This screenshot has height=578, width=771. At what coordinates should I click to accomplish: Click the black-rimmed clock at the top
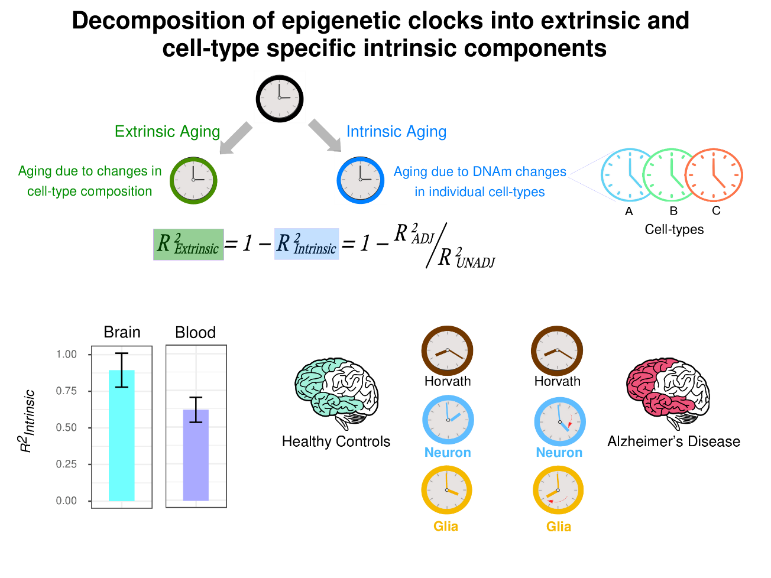pos(280,98)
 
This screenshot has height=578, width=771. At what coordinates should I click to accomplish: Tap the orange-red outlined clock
pos(714,175)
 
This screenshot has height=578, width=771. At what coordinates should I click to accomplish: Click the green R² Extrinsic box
pos(189,244)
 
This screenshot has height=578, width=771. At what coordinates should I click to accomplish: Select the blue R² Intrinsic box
pos(306,244)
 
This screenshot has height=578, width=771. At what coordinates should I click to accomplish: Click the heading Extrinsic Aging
pos(167,131)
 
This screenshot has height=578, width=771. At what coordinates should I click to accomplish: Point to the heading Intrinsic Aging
pos(396,131)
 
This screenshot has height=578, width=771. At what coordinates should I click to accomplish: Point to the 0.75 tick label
pos(67,391)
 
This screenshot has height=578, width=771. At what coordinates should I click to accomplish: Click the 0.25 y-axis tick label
pos(67,465)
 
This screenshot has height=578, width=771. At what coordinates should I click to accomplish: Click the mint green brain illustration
pos(326,388)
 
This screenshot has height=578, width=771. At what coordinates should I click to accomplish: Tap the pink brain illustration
pos(658,388)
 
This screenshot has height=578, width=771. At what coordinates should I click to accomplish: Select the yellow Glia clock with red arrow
pos(558,491)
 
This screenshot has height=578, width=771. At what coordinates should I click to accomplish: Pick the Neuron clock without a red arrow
pos(448,420)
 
